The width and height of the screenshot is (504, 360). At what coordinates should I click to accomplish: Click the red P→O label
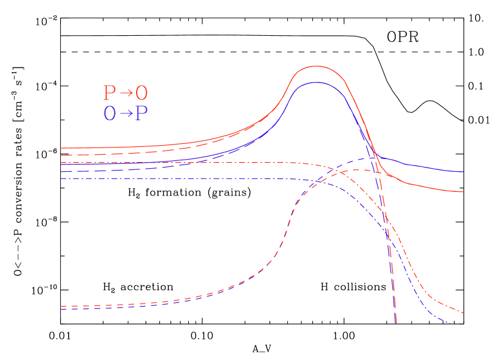(125, 93)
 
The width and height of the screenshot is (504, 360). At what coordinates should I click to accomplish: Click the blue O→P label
(125, 114)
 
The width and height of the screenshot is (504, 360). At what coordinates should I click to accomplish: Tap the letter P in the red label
(109, 93)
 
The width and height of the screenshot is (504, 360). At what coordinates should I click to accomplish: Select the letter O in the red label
(141, 93)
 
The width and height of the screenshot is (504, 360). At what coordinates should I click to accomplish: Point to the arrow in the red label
(126, 93)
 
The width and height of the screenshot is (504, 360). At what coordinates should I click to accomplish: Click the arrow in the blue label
(126, 114)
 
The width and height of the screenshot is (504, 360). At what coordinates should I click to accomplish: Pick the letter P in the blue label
(141, 114)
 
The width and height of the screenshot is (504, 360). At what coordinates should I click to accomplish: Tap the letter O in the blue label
(109, 114)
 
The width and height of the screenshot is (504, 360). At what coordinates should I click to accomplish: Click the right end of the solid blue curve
(463, 172)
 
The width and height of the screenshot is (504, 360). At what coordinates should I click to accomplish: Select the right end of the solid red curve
(463, 192)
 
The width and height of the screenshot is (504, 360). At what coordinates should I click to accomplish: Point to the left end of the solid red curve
(61, 148)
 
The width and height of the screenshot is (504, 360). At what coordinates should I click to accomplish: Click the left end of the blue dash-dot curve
(61, 178)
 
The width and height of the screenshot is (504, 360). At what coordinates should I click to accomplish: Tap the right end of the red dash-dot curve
(463, 313)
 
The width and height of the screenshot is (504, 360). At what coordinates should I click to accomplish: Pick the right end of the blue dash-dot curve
(452, 324)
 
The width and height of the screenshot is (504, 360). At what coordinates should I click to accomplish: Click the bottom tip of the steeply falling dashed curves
(396, 323)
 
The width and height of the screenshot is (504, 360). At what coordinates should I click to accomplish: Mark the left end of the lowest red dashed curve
(61, 307)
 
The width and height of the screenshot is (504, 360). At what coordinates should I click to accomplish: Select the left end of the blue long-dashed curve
(61, 172)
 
